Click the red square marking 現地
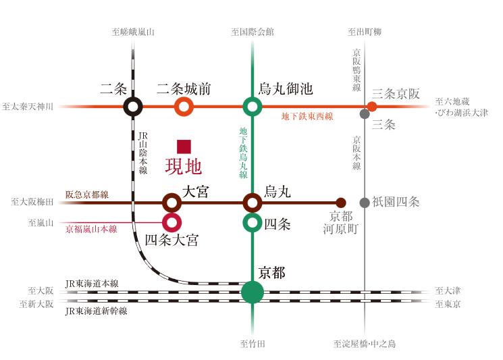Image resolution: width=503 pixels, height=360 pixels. (x=184, y=147)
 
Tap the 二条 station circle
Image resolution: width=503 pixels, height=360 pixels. (x=134, y=107)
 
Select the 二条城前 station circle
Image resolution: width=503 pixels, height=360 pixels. (x=184, y=107)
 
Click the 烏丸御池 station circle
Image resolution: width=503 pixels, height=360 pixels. (x=253, y=107)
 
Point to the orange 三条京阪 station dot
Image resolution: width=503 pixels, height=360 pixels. (x=372, y=107)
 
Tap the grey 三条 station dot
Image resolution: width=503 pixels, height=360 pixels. (x=365, y=114)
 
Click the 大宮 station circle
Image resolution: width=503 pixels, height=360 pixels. (x=172, y=202)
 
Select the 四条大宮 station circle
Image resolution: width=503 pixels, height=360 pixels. (x=172, y=222)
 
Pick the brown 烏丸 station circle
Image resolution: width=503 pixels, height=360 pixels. (x=253, y=202)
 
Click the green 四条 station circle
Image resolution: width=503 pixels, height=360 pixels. (x=253, y=222)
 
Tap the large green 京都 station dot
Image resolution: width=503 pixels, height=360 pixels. (x=253, y=292)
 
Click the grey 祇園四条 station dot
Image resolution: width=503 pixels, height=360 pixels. (x=365, y=202)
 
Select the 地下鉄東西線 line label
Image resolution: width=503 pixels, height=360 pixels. (x=307, y=116)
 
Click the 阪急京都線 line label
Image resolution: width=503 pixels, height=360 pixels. (x=86, y=195)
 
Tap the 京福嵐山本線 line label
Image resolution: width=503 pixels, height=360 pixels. (x=91, y=229)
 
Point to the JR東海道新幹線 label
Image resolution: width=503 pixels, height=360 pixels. (x=96, y=311)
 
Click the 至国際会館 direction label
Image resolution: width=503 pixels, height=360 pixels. (x=253, y=32)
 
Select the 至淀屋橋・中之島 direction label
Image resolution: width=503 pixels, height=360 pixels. (x=365, y=344)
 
